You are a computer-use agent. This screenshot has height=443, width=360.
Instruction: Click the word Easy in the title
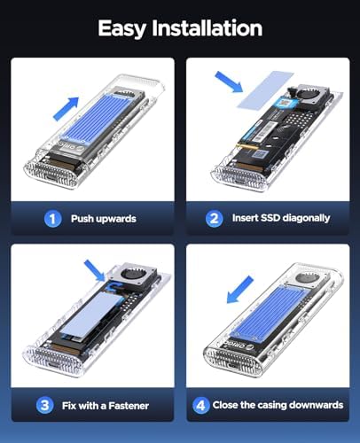121,29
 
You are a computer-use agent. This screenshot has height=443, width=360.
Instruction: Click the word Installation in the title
207,27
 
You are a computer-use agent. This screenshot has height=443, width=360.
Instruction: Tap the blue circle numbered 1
52,219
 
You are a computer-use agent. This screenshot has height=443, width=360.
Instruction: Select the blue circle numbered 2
215,219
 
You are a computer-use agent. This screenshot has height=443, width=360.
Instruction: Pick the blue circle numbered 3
45,405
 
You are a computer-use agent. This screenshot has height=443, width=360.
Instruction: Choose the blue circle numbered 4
201,405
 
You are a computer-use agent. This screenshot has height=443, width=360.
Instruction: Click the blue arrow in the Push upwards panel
67,108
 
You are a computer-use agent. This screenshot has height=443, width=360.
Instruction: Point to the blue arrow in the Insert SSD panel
229,82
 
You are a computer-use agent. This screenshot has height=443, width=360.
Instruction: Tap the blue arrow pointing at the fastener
95,271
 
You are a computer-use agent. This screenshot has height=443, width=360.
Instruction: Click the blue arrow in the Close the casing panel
240,290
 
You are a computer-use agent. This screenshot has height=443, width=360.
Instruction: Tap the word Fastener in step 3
129,406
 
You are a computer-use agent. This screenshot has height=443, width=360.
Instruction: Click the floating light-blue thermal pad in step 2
266,89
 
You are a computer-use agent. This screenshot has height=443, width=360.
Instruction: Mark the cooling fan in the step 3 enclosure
133,276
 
